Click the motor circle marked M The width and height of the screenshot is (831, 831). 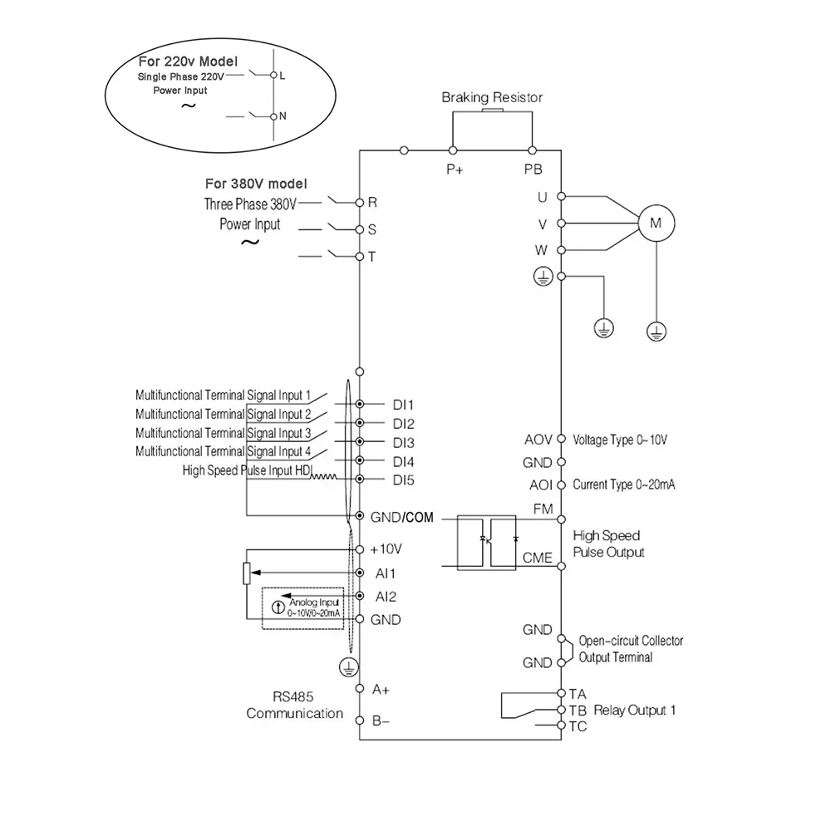tap(655, 223)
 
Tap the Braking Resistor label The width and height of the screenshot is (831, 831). tap(492, 97)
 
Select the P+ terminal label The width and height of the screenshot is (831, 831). tap(454, 170)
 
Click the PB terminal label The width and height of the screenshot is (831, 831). tap(533, 170)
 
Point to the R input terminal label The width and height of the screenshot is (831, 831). tap(372, 202)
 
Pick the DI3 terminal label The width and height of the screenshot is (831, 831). tap(404, 442)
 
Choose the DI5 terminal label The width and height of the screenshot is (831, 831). tap(404, 479)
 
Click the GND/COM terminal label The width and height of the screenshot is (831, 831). tap(402, 516)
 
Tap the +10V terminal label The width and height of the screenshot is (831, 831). tap(386, 549)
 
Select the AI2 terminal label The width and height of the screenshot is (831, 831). tap(386, 596)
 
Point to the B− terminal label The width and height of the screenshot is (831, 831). tap(381, 720)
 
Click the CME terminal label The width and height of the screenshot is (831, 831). tap(537, 557)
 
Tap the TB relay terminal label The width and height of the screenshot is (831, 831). tap(578, 711)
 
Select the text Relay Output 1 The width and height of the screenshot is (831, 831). tap(635, 711)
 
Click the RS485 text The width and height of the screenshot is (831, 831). tap(293, 696)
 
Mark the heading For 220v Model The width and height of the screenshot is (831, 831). tap(188, 61)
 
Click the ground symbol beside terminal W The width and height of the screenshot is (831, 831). tap(542, 277)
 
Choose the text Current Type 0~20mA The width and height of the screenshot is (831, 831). tap(623, 484)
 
